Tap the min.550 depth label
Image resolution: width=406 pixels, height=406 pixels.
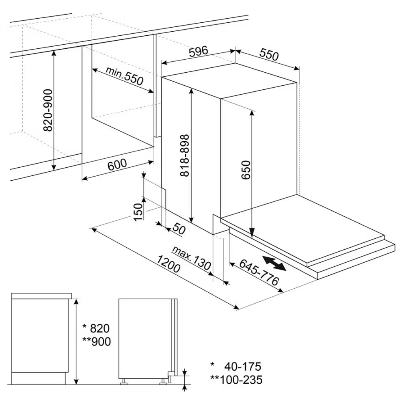125,76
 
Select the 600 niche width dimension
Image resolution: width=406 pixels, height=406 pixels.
117,164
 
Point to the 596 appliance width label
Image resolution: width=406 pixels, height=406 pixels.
199,52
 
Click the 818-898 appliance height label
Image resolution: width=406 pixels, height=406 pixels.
185,155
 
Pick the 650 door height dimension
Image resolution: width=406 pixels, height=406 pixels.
246,170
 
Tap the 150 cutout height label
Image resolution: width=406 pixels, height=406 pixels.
138,212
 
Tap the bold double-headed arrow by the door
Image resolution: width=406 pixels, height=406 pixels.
274,263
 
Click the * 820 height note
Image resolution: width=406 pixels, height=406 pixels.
96,328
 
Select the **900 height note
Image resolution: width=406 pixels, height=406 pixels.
97,341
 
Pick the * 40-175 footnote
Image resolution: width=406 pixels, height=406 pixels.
235,366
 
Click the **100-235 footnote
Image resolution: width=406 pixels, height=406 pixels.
236,380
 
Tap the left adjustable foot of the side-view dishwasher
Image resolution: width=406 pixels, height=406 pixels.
123,381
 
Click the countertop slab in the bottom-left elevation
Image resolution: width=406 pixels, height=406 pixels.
41,296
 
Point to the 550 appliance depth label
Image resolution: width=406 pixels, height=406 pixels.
269,54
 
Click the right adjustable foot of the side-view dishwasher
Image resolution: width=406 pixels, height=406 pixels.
163,381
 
